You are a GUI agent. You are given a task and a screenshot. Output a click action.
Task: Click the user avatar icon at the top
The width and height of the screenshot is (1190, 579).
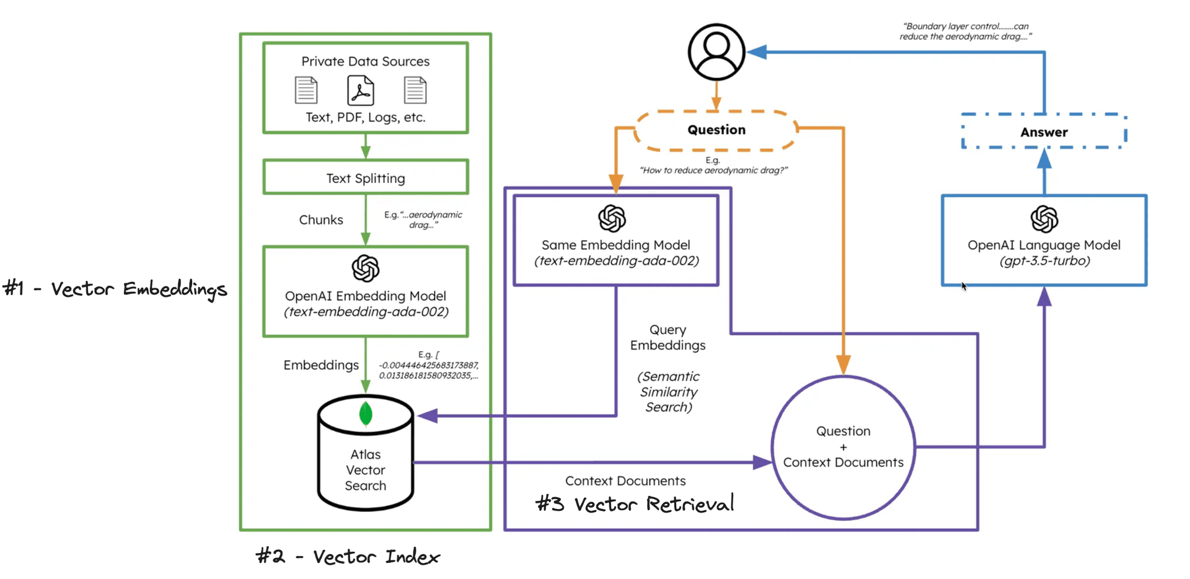click(716, 52)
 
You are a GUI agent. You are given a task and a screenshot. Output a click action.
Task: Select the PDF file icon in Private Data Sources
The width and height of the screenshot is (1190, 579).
click(360, 91)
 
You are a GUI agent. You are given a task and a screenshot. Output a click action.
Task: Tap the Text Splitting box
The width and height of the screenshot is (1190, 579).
click(366, 178)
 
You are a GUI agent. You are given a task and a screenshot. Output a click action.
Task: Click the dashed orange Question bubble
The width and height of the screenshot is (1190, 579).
click(716, 130)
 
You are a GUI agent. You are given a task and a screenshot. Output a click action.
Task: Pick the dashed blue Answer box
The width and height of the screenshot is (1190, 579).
click(1044, 131)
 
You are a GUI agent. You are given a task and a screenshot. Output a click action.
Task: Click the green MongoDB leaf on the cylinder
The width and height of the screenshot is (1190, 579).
click(366, 413)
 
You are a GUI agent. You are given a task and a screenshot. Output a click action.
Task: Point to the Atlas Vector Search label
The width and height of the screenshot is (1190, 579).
click(366, 470)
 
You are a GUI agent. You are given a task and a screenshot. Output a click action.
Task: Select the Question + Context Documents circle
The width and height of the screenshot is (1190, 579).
click(843, 447)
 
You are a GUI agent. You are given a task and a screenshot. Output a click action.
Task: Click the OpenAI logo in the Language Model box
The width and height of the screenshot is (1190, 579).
click(1044, 219)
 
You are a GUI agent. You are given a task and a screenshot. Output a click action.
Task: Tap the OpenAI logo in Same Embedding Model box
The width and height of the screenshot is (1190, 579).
click(612, 218)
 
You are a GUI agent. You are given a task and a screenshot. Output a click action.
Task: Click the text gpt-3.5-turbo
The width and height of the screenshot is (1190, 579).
click(1044, 261)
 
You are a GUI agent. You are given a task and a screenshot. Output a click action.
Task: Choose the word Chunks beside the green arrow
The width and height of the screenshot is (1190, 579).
click(320, 220)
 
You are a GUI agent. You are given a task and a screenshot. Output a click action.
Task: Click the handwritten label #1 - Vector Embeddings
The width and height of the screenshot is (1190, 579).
click(115, 289)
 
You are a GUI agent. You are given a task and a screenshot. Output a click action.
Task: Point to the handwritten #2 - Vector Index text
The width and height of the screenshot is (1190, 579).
click(348, 557)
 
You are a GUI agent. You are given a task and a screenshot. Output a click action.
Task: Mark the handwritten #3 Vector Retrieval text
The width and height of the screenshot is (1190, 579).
click(635, 504)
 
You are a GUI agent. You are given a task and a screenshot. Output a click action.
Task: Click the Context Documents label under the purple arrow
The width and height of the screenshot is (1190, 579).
click(625, 481)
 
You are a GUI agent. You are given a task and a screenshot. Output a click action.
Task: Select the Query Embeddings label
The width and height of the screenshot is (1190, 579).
click(668, 337)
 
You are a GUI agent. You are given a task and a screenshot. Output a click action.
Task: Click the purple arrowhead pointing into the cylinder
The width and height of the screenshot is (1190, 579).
click(428, 416)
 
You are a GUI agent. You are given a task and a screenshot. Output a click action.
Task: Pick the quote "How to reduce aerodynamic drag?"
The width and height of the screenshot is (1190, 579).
click(713, 170)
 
